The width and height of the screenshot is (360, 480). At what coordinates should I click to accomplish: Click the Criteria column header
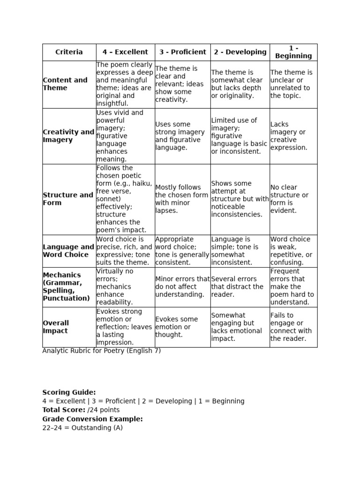69,52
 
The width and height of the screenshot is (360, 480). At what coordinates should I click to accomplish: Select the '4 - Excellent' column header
125,52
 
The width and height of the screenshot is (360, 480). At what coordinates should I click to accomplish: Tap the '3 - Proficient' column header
182,52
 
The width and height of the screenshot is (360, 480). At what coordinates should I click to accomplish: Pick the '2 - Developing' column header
240,52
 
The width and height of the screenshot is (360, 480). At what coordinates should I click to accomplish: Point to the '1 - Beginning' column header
293,52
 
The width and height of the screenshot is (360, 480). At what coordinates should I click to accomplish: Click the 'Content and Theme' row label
65,84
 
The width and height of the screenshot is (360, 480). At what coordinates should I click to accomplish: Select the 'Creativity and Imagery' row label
68,136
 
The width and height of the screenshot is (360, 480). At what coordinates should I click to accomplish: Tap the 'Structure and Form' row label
68,199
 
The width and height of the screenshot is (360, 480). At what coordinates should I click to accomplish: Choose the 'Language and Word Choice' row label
68,251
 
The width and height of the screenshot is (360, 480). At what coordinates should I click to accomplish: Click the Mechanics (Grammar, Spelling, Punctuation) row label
66,286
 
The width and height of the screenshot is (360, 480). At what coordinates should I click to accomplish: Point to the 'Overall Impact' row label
56,327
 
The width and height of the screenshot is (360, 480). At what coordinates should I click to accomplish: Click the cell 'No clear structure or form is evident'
289,199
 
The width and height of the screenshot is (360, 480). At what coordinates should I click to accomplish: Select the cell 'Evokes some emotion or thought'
177,327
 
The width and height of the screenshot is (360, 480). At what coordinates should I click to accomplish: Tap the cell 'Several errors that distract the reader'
237,286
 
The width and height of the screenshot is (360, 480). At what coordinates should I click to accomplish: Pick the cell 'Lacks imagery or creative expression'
289,136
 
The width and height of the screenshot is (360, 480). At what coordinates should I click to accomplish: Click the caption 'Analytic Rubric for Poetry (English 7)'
101,351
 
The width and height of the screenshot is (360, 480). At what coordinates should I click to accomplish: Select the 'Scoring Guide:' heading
69,392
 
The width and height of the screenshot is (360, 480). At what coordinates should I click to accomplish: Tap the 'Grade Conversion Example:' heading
92,419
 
